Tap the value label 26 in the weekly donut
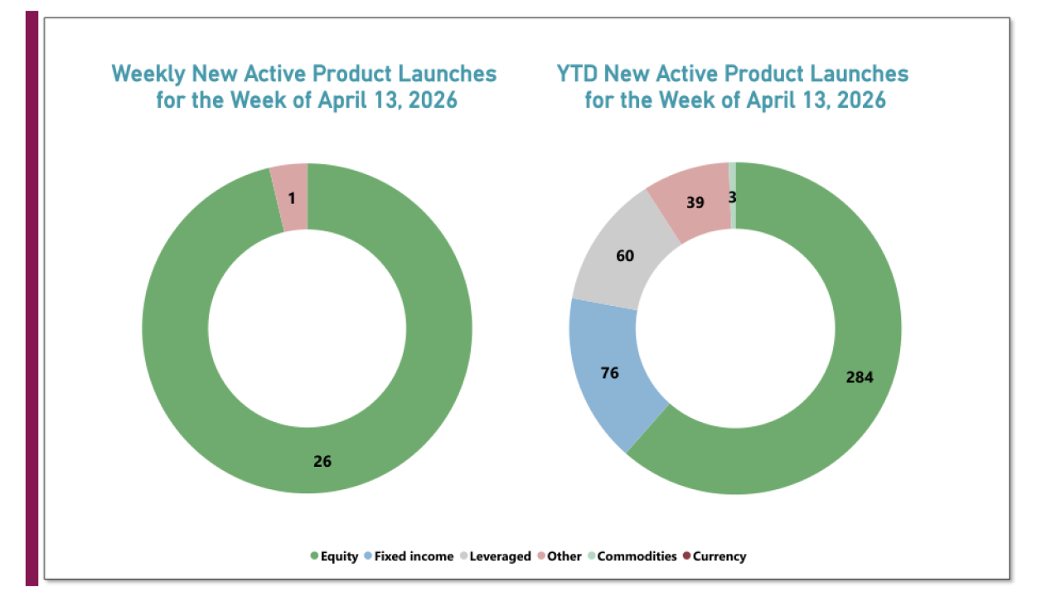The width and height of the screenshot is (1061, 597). click(x=322, y=462)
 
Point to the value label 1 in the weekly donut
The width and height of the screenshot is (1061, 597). click(x=292, y=199)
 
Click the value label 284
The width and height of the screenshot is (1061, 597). click(x=860, y=377)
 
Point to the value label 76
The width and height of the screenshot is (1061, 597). click(x=609, y=373)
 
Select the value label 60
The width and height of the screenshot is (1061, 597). click(x=625, y=256)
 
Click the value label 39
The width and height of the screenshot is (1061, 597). click(x=695, y=201)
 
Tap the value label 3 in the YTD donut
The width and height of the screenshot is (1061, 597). click(x=732, y=197)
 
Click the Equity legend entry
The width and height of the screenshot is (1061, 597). click(x=334, y=556)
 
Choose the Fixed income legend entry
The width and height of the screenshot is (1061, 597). click(x=408, y=556)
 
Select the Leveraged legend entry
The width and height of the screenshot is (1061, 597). click(x=494, y=556)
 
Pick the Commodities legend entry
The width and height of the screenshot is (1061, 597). click(x=631, y=556)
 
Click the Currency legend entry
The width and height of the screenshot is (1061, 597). click(x=714, y=556)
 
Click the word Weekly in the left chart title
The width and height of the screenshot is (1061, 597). click(x=148, y=74)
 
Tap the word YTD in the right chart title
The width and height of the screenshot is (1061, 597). click(x=577, y=74)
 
